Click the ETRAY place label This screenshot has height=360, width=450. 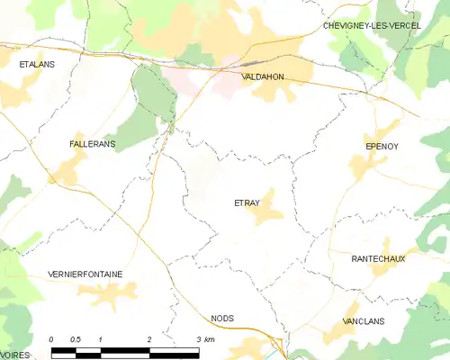[x=246, y=202]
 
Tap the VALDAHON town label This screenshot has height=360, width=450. [x=263, y=77]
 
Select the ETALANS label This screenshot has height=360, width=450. [x=37, y=65]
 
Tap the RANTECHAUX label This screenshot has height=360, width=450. [x=378, y=258]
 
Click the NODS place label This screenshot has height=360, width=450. [x=222, y=318]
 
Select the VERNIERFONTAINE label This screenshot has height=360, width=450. [x=85, y=274]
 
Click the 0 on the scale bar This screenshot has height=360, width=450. [x=52, y=339]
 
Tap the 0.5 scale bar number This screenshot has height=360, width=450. [x=76, y=339]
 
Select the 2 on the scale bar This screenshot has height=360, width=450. [x=149, y=339]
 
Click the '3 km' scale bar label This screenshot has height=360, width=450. [x=203, y=339]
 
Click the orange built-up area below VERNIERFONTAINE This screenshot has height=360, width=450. [x=108, y=292]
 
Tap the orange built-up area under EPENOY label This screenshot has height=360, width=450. [x=366, y=162]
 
